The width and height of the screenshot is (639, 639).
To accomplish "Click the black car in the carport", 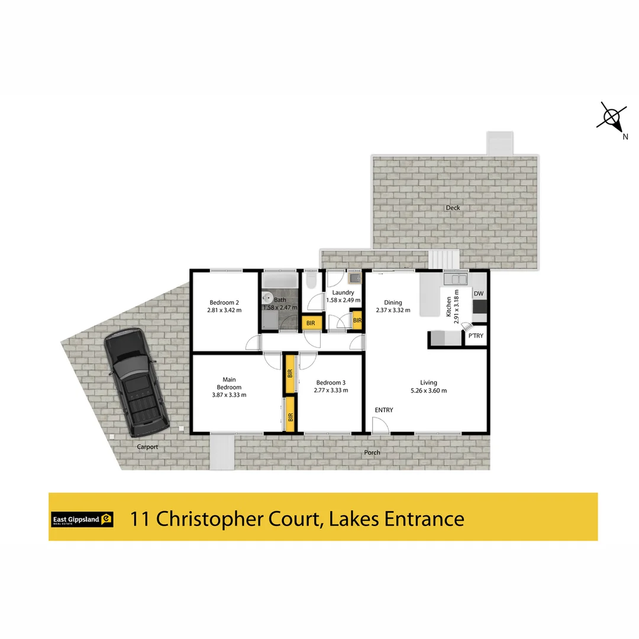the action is pyautogui.click(x=136, y=382).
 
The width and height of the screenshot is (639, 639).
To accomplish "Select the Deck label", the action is pyautogui.click(x=453, y=208).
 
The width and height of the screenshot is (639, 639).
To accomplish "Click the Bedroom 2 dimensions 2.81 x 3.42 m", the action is pyautogui.click(x=224, y=310).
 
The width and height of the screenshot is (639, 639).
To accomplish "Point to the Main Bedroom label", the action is pyautogui.click(x=229, y=383).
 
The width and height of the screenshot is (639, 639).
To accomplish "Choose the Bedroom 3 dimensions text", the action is pyautogui.click(x=331, y=390).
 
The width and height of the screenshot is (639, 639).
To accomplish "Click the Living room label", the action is pyautogui.click(x=429, y=383).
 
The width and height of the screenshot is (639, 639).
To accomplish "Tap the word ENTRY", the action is pyautogui.click(x=384, y=410).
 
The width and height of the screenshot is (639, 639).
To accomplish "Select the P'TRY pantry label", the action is pyautogui.click(x=476, y=336).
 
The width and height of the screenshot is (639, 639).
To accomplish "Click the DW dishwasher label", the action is pyautogui.click(x=479, y=293).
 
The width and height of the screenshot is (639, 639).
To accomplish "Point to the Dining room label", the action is pyautogui.click(x=393, y=302).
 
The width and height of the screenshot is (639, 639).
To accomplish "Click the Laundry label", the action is pyautogui.click(x=343, y=293).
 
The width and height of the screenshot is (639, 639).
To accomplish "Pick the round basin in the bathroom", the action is pyautogui.click(x=267, y=298).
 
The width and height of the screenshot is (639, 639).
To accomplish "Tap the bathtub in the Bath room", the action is pyautogui.click(x=279, y=280).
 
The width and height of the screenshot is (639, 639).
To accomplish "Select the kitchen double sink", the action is pyautogui.click(x=456, y=279).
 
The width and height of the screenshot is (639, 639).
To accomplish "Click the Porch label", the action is pyautogui.click(x=372, y=453).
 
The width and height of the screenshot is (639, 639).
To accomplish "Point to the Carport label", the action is pyautogui.click(x=147, y=447).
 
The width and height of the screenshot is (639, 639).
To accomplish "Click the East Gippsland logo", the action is pyautogui.click(x=82, y=519).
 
